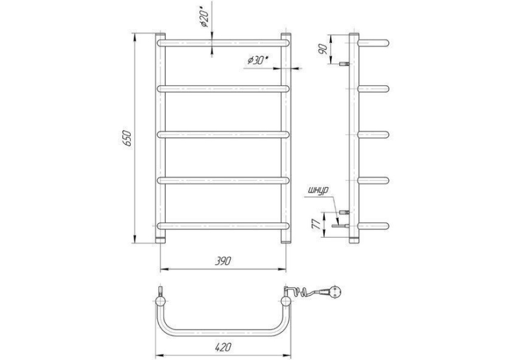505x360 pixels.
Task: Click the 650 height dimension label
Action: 127,138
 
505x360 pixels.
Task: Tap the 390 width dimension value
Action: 223,261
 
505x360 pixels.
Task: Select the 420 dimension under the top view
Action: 223,347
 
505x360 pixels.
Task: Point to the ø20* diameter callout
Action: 205,17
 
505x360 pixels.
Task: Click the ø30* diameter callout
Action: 258,60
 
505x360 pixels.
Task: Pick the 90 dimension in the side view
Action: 323,49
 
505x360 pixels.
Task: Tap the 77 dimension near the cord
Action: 317,224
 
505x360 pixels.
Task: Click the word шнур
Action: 318,191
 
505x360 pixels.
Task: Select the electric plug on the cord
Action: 331,292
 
